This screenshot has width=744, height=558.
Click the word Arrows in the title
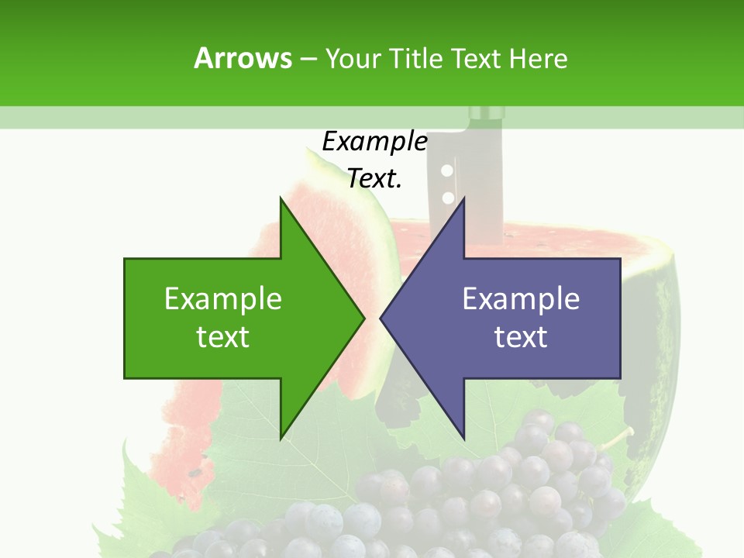tap(243, 58)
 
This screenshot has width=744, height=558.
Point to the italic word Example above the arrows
tap(374, 141)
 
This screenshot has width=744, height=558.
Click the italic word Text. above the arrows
tap(374, 178)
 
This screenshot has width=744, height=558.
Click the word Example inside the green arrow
tap(223, 298)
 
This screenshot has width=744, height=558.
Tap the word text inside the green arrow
tap(223, 337)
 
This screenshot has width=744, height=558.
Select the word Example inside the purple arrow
tap(521, 298)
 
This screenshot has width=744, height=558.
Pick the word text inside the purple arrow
tap(521, 337)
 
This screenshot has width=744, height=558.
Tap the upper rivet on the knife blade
tap(446, 170)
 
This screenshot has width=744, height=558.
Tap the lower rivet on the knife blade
tap(447, 197)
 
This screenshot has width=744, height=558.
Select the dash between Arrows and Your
tap(308, 59)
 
